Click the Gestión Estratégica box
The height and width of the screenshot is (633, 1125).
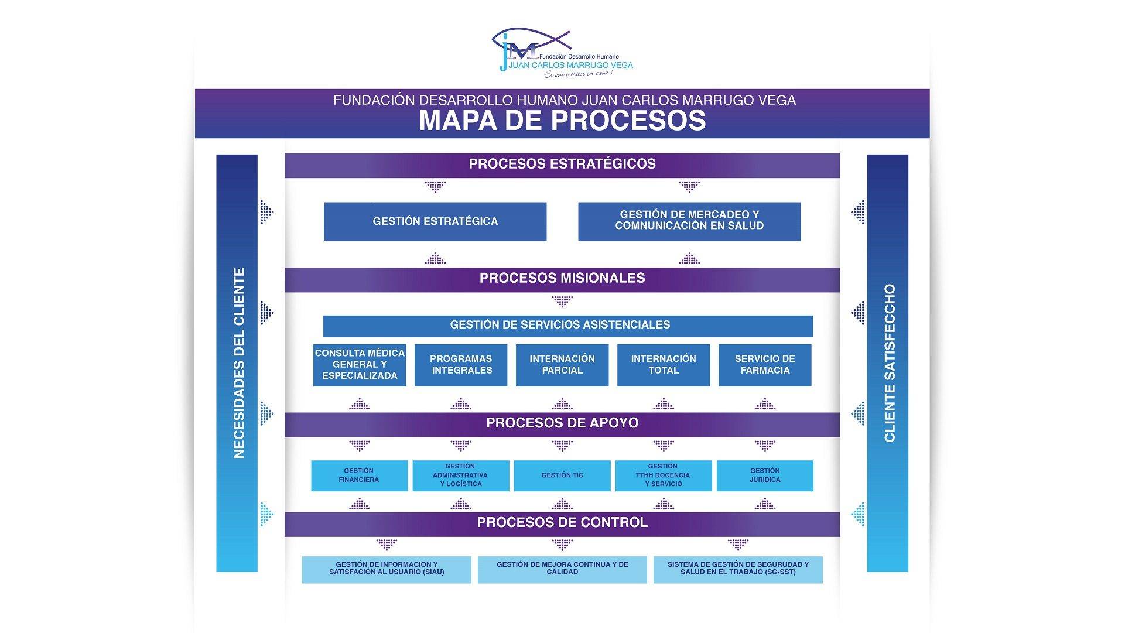click(x=435, y=221)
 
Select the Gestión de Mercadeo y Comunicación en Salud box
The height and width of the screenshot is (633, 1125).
click(x=689, y=221)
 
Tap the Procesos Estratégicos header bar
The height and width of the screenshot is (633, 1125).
click(x=562, y=165)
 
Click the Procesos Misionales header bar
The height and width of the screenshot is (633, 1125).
click(x=562, y=279)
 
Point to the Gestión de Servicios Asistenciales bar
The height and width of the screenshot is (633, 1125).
click(x=567, y=326)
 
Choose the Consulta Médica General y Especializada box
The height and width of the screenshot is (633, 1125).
click(x=360, y=365)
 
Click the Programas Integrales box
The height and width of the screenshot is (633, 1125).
click(x=461, y=365)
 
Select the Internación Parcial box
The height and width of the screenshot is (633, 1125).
click(x=562, y=365)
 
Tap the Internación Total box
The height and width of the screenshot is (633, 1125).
click(x=664, y=365)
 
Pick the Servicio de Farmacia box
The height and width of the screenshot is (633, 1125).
click(x=765, y=365)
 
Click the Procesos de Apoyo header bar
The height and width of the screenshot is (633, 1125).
click(x=562, y=424)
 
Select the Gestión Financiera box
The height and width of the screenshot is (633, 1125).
click(x=359, y=475)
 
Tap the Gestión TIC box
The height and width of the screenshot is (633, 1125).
click(x=562, y=475)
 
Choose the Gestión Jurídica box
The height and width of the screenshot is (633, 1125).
click(x=765, y=475)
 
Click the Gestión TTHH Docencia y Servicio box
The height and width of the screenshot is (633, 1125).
click(x=663, y=475)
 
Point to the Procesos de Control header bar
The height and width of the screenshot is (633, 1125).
click(x=562, y=523)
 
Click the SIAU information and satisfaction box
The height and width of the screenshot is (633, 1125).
click(x=387, y=569)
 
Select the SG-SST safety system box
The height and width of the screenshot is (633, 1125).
click(x=738, y=569)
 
